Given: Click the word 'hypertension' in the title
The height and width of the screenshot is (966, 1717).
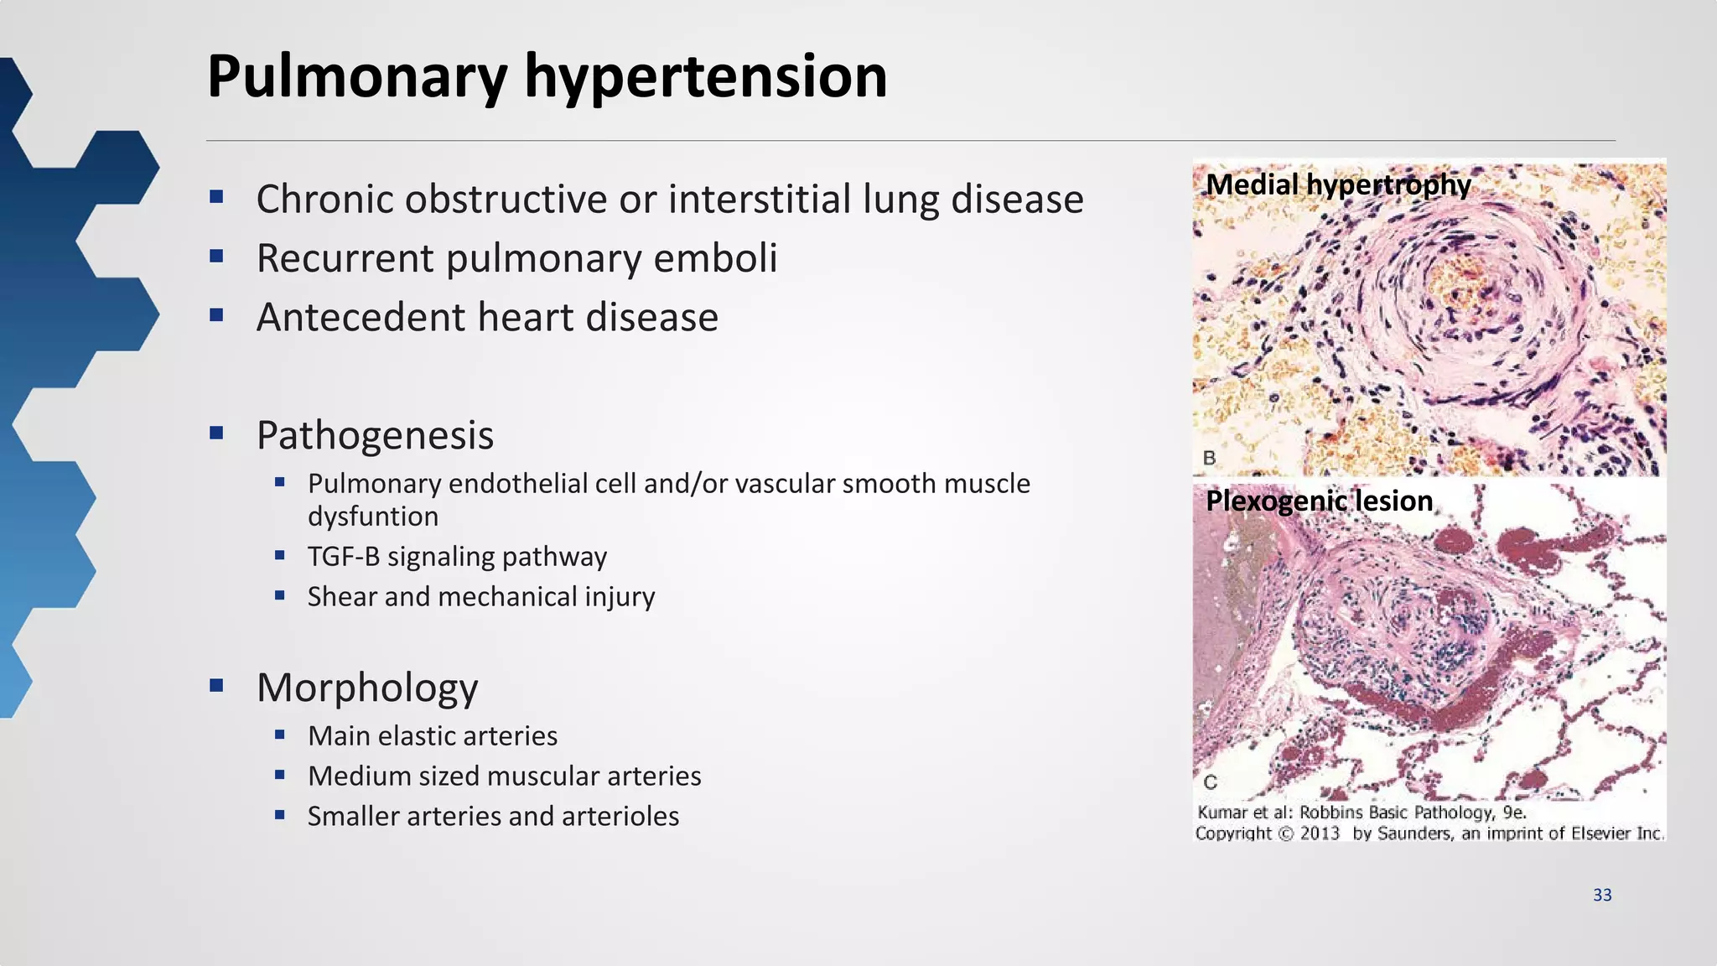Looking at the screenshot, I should pyautogui.click(x=705, y=77).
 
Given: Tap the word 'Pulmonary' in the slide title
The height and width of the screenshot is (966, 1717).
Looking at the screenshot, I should pyautogui.click(x=357, y=77).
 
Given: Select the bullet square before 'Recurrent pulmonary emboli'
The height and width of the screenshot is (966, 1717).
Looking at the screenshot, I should pyautogui.click(x=217, y=257).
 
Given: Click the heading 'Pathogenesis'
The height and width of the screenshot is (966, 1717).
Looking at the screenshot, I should pyautogui.click(x=375, y=435).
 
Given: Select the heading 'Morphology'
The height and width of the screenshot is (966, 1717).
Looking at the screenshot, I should pyautogui.click(x=367, y=688).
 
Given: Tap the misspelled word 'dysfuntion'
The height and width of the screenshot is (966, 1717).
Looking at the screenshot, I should pyautogui.click(x=372, y=517).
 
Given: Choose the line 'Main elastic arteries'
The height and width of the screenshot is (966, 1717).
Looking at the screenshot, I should pyautogui.click(x=432, y=736).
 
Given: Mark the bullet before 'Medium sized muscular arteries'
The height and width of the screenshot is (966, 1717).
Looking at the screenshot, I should pyautogui.click(x=280, y=775).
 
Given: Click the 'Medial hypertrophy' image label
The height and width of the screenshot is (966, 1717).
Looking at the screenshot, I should pyautogui.click(x=1338, y=185).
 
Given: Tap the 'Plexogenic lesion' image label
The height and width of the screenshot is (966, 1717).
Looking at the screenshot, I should pyautogui.click(x=1319, y=501).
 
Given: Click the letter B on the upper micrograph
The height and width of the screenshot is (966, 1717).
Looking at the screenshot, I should pyautogui.click(x=1209, y=458).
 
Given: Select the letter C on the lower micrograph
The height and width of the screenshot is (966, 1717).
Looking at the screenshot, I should pyautogui.click(x=1210, y=782).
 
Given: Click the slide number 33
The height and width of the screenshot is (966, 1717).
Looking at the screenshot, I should pyautogui.click(x=1602, y=896).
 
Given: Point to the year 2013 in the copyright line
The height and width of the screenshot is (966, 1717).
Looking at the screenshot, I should pyautogui.click(x=1320, y=834).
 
